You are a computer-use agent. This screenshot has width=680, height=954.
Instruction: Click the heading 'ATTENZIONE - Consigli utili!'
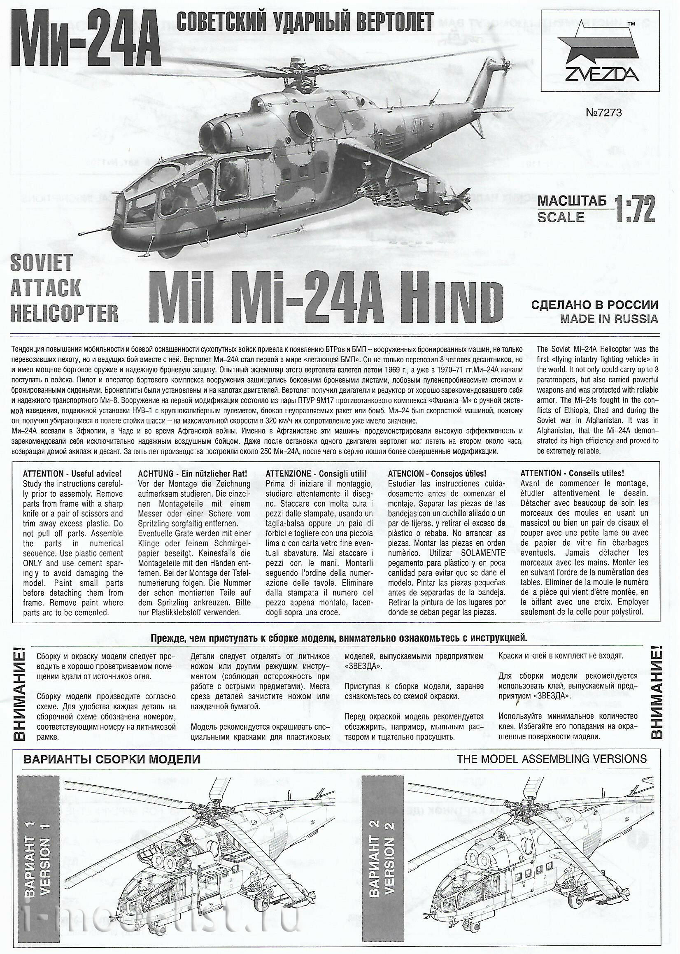317,474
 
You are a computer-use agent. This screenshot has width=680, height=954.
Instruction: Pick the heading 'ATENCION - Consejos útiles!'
437,474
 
